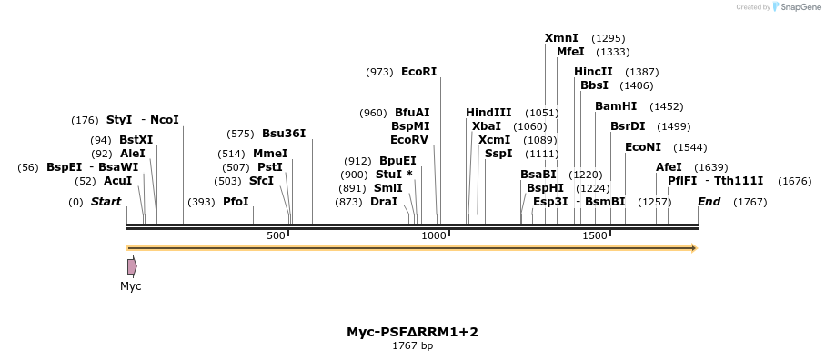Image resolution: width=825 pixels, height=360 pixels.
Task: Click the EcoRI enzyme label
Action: [418, 72]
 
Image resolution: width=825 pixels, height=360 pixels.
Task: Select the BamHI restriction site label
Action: [616, 106]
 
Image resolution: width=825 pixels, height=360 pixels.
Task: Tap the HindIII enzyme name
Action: [488, 113]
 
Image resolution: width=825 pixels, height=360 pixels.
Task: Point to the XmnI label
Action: [561, 38]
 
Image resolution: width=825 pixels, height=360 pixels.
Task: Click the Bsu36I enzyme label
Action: [284, 134]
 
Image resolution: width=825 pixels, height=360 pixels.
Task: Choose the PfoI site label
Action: [236, 202]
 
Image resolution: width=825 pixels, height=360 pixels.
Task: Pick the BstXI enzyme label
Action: [136, 140]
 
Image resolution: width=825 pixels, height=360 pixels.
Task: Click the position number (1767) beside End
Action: [750, 202]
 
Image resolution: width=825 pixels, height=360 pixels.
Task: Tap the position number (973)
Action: [380, 72]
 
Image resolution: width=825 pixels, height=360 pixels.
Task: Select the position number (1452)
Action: [667, 106]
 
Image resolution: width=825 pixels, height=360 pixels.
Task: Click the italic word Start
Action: [106, 202]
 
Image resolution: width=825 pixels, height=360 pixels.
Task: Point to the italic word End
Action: [709, 202]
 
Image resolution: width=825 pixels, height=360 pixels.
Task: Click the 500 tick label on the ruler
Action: [276, 236]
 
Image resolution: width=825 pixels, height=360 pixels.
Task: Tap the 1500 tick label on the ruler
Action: [595, 236]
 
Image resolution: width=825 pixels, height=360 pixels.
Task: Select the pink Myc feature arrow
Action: [132, 266]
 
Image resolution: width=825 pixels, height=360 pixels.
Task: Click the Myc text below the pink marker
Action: [130, 286]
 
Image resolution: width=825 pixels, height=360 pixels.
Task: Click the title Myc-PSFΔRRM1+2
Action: [413, 332]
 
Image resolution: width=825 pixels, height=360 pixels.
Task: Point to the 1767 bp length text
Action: [413, 345]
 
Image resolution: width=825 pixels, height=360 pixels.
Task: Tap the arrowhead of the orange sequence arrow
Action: [695, 248]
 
